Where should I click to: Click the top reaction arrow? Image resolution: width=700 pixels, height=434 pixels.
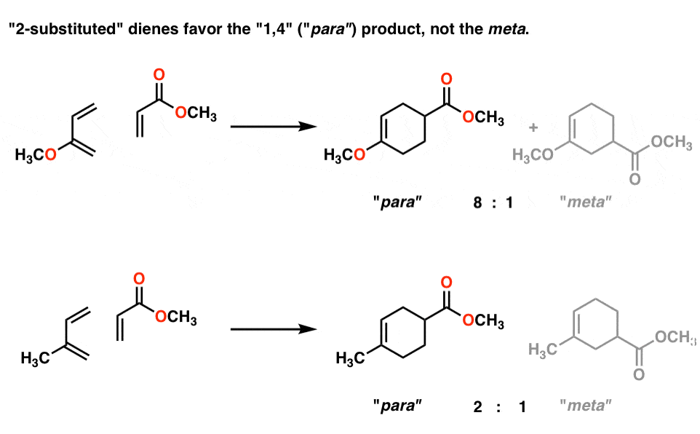273,127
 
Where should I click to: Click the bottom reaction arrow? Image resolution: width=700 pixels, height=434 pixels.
273,329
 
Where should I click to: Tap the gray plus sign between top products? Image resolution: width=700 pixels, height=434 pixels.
533,127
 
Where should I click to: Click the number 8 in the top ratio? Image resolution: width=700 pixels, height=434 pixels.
477,202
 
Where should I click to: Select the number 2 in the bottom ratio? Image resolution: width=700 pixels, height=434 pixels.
477,406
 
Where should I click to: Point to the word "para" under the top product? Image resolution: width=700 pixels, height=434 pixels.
397,202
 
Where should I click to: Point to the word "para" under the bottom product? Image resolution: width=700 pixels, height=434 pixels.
397,406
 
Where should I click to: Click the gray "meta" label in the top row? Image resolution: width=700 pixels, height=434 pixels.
585,202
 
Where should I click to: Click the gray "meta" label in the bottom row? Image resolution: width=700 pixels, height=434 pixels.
585,405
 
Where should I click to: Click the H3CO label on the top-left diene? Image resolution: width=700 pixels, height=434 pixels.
36,155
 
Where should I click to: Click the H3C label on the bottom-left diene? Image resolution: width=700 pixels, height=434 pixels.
35,358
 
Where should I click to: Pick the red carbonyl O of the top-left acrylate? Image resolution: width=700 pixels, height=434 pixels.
159,75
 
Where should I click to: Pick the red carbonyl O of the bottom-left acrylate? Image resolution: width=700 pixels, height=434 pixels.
139,278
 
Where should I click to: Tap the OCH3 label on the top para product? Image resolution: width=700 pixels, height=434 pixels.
483,117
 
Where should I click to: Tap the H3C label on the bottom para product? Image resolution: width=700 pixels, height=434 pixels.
351,358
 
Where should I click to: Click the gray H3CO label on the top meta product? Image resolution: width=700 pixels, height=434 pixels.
533,155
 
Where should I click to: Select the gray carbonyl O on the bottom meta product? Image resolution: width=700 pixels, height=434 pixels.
639,374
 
